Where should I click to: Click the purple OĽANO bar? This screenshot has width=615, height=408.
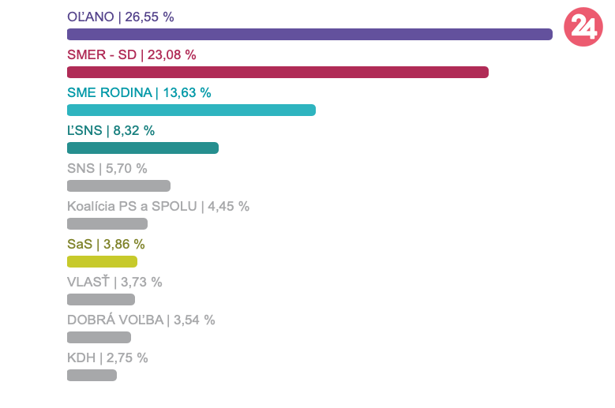(309, 35)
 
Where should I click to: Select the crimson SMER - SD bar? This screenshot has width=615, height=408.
(278, 73)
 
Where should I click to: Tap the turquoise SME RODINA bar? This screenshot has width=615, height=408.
(191, 110)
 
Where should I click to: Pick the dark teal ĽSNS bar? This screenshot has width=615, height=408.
(143, 148)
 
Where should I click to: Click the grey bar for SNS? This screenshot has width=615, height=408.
(118, 186)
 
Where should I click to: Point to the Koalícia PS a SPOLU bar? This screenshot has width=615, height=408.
(107, 224)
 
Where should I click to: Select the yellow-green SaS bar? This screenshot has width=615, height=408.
(102, 262)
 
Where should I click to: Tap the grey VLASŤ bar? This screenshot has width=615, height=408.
(101, 300)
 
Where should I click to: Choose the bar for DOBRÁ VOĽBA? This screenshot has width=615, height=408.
(99, 338)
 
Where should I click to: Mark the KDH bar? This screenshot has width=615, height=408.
(92, 376)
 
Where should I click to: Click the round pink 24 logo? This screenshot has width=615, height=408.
(583, 28)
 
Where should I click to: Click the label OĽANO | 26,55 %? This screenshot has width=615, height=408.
(121, 17)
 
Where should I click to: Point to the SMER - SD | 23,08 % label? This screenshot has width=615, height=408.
(132, 54)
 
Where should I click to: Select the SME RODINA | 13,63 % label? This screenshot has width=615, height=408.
(139, 92)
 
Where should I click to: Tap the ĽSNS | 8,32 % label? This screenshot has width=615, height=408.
(111, 130)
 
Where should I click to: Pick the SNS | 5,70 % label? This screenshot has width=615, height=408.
(107, 168)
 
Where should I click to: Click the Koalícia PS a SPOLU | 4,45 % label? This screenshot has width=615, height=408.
(158, 206)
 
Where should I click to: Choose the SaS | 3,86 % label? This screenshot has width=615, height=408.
(106, 244)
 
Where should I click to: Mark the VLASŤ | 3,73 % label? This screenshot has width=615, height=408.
(114, 282)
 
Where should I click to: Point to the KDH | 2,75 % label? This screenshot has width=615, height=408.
(107, 357)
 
